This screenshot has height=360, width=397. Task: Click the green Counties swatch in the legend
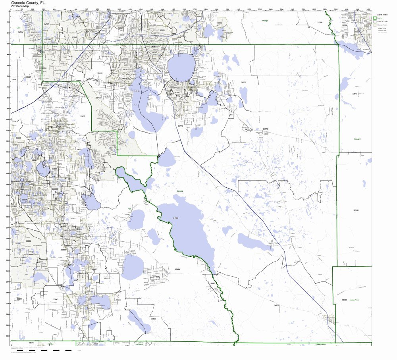(x=375, y=18)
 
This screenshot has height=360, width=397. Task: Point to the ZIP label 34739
(x=176, y=218)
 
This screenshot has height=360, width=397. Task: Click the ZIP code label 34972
(x=277, y=305)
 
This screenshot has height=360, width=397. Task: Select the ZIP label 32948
(x=356, y=210)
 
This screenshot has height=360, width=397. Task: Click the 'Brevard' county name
(x=357, y=139)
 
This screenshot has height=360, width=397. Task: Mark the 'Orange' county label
(x=265, y=20)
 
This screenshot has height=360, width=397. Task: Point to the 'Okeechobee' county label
(x=321, y=344)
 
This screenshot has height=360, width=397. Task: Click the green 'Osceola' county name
(x=180, y=191)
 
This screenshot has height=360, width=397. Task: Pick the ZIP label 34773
(x=265, y=129)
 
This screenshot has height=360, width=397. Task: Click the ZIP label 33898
(x=177, y=269)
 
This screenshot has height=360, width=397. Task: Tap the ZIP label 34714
(x=21, y=32)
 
